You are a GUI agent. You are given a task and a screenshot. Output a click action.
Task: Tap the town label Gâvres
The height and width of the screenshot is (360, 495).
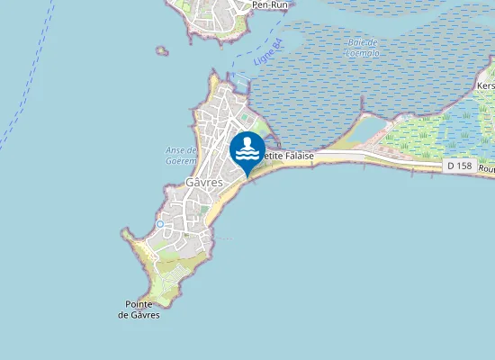pos(203,182)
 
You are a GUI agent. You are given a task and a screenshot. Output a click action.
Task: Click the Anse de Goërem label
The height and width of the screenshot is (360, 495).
pos(183,155)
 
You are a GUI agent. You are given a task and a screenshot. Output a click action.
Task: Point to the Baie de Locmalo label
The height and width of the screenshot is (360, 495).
pos(361,47)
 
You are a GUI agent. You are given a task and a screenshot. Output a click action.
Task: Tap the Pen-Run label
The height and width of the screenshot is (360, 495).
pos(269,4)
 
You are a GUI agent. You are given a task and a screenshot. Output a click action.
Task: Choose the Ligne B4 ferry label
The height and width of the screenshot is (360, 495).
pos(267,49)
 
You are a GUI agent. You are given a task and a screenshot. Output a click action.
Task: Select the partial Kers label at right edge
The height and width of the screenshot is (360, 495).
pos(485,85)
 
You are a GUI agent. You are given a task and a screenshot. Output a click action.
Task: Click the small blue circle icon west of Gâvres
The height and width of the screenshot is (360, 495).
pos(159,223)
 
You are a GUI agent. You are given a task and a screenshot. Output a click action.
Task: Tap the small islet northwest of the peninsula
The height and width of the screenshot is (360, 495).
pos(162,50)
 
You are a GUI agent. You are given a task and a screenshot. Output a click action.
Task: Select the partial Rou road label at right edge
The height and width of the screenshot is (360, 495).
pos(486,168)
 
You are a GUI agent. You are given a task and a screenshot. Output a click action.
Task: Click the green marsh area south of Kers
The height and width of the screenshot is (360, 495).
pos(432,135)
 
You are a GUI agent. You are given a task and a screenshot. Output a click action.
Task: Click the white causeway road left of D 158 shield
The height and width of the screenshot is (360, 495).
pos(396,160)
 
